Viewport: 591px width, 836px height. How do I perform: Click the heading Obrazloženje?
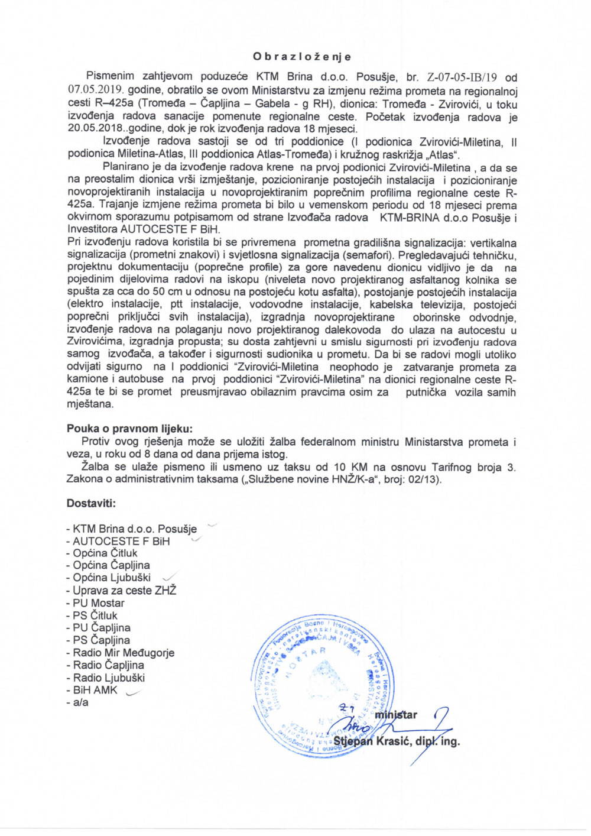301,57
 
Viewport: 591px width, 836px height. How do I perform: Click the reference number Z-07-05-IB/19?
462,77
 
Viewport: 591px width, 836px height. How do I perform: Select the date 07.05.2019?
95,91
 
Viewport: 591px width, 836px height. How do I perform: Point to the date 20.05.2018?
95,129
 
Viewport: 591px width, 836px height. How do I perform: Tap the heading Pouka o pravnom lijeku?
129,429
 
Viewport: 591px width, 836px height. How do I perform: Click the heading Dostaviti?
91,504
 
